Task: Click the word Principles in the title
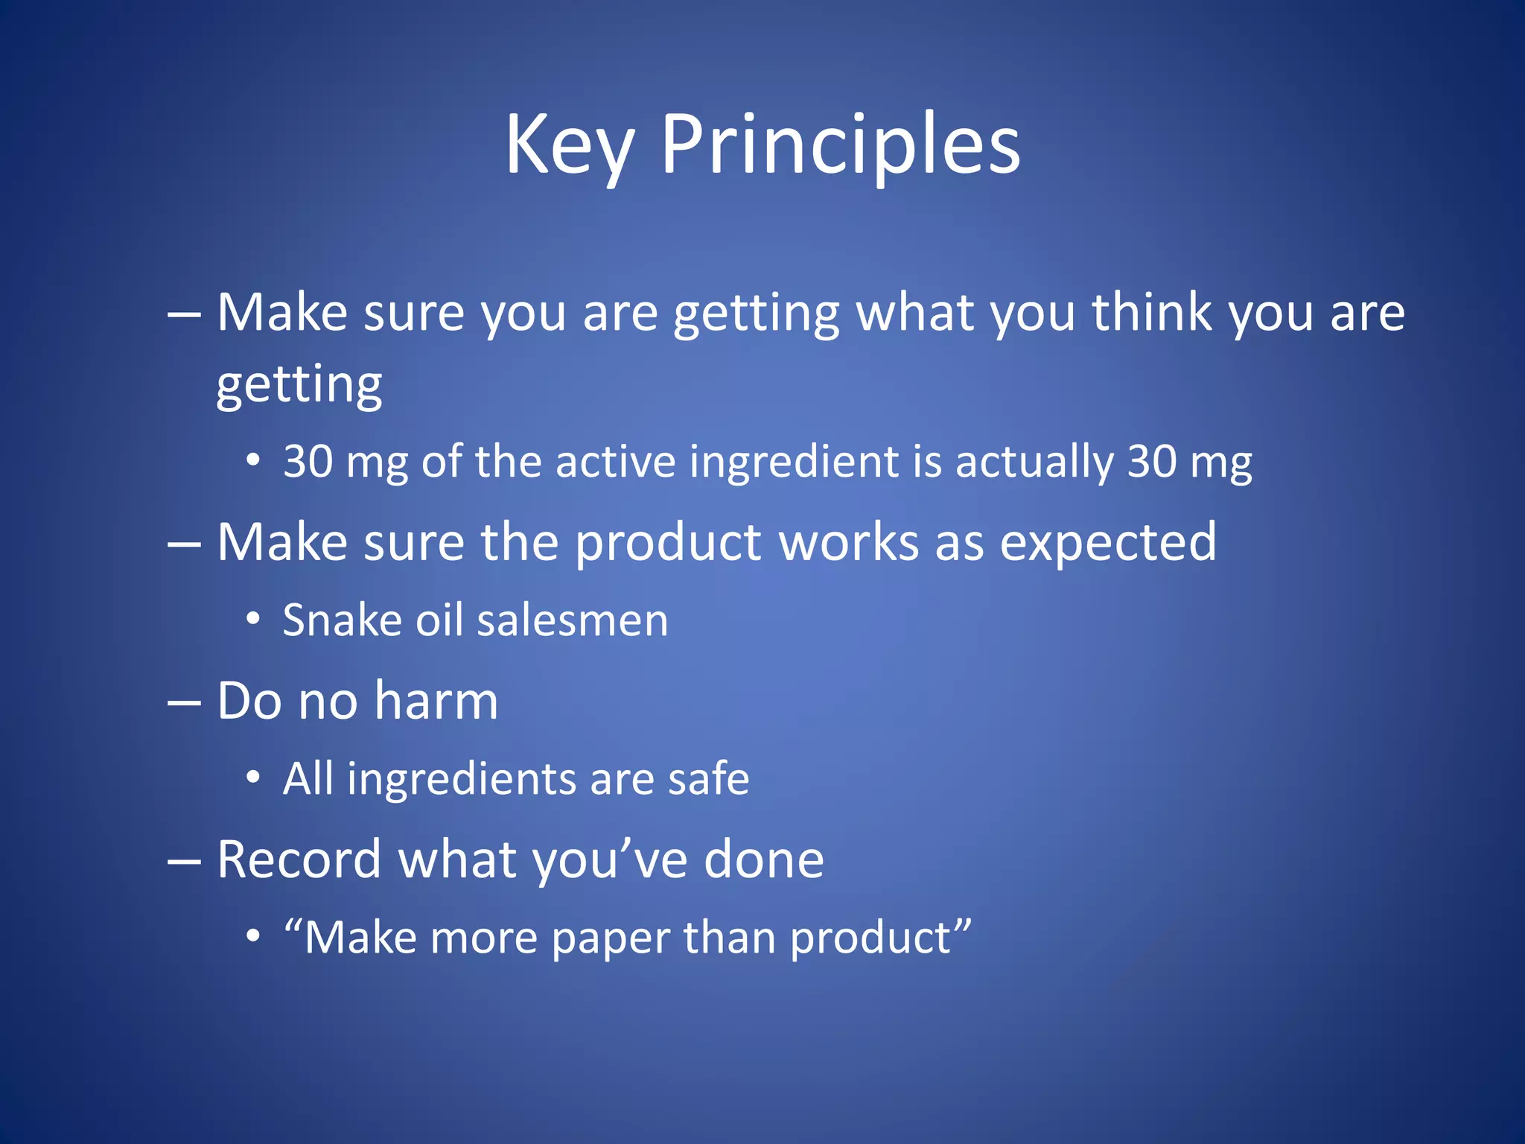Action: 840,145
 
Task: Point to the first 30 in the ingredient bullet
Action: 308,462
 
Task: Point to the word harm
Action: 436,702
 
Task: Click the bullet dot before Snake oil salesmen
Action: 253,619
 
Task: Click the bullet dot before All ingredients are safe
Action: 253,778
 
